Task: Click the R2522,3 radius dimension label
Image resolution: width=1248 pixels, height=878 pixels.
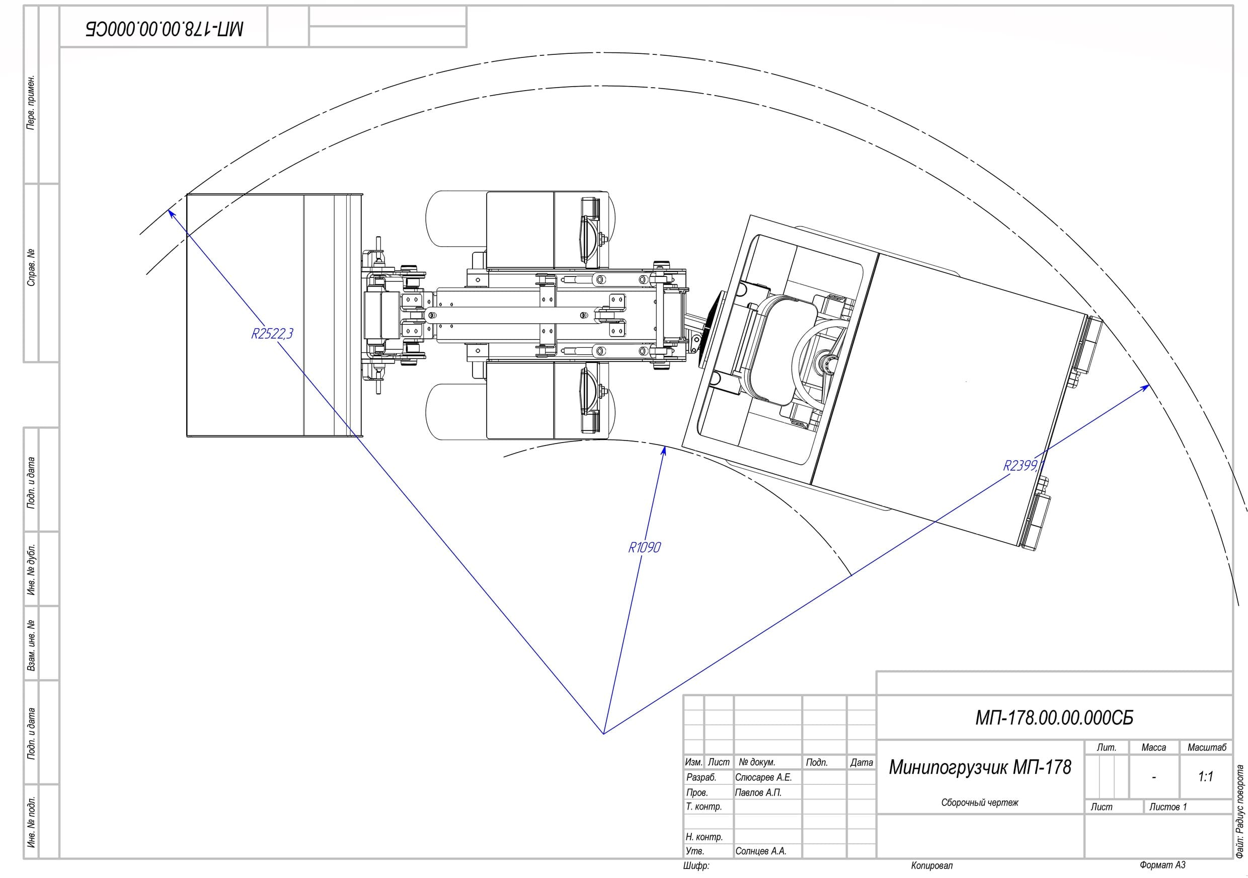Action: click(272, 333)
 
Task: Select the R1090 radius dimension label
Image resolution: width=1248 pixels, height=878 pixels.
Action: click(645, 547)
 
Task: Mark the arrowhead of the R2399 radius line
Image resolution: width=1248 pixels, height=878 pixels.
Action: click(1145, 387)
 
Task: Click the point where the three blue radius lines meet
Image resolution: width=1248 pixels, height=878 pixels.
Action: click(603, 734)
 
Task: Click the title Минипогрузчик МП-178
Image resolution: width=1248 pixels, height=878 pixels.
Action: click(980, 767)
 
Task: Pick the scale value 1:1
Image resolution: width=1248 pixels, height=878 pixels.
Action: click(1205, 776)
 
